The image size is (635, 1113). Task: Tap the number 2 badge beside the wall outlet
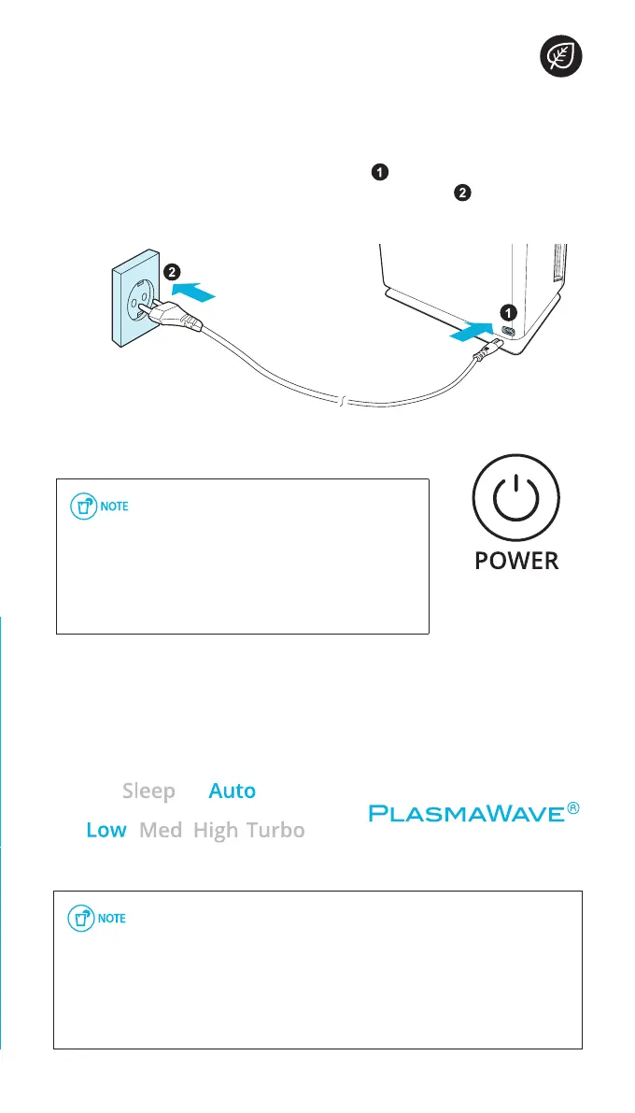coord(171,273)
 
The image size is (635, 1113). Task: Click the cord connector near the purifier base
coord(488,350)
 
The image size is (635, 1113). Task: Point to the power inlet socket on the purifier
coord(510,332)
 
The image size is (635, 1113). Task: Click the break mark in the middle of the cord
coord(343,402)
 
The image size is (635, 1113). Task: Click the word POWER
coord(516,561)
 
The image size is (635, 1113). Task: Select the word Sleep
coord(148,792)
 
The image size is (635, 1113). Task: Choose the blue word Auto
coord(232,792)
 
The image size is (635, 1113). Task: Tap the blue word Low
coord(106,830)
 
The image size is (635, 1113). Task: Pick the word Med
coord(161,830)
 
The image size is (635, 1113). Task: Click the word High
coord(216,830)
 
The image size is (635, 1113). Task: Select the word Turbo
coord(275,830)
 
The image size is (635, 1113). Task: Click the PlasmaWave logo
coord(475,812)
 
